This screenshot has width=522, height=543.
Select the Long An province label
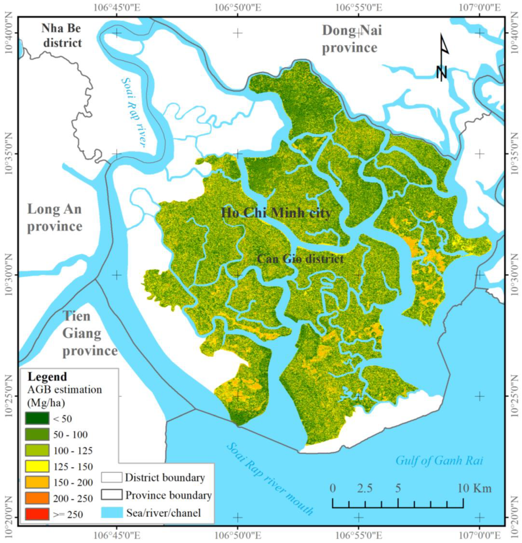click(55, 217)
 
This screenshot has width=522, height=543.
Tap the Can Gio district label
click(300, 259)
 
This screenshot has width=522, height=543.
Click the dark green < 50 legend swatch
click(37, 418)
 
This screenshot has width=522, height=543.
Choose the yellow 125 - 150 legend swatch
click(37, 466)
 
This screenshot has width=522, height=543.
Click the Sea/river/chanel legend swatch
click(112, 512)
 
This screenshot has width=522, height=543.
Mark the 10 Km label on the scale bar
click(474, 488)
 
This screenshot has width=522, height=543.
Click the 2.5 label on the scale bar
click(365, 488)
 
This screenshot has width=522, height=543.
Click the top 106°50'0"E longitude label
click(237, 8)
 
